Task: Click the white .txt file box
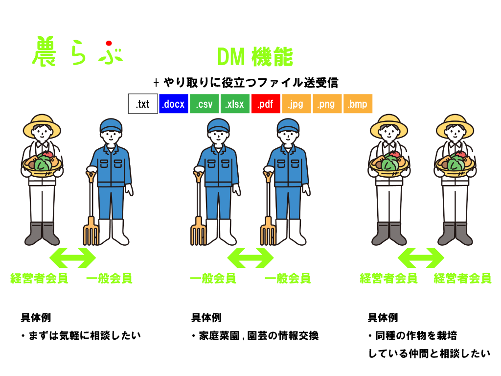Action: [x=143, y=104]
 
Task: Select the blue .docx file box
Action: [x=174, y=104]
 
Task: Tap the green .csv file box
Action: [x=204, y=104]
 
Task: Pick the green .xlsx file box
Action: [x=235, y=104]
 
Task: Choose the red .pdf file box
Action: [x=266, y=104]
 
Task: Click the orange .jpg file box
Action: [x=296, y=104]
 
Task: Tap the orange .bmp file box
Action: [x=358, y=104]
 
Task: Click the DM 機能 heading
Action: [x=255, y=57]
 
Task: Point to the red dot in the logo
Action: [x=109, y=43]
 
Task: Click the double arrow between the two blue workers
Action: [x=250, y=258]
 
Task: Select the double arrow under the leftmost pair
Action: [x=73, y=258]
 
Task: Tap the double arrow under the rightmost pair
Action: [x=421, y=258]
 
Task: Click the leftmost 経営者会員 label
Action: [x=39, y=279]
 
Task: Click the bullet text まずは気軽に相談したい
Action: [x=81, y=336]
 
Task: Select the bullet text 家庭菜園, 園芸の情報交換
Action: [x=255, y=336]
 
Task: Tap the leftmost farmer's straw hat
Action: [x=42, y=125]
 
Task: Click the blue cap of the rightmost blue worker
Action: [x=288, y=126]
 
